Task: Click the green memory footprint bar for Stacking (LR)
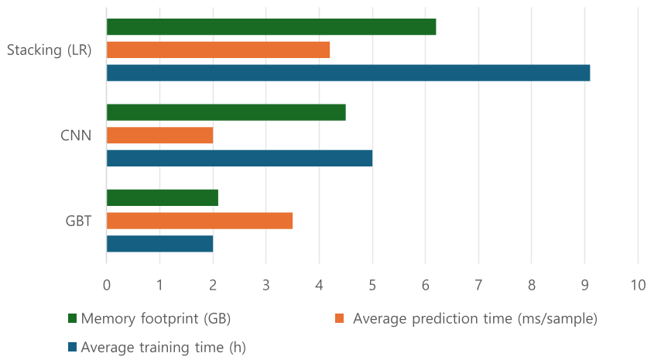coord(271,26)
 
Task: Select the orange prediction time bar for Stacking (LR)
coord(217,50)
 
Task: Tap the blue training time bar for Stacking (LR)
coord(348,74)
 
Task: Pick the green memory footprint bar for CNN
coord(225,111)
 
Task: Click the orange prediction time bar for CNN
coord(159,135)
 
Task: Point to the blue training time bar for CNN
coord(239,159)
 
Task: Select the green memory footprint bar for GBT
coord(162,197)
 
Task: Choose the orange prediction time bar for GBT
coord(199,221)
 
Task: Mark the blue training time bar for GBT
coord(159,244)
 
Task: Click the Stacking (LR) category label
coord(49,51)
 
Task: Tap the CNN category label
coord(76,135)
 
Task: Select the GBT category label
coord(78,221)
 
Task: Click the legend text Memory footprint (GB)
coord(156,318)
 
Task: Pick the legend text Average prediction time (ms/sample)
coord(474,318)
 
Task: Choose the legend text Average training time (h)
coord(163,348)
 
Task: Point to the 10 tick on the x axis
coord(638,285)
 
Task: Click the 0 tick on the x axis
coord(107,285)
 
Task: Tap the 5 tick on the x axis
coord(372,285)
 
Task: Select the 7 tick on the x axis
coord(478,285)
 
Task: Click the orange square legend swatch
coord(339,318)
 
